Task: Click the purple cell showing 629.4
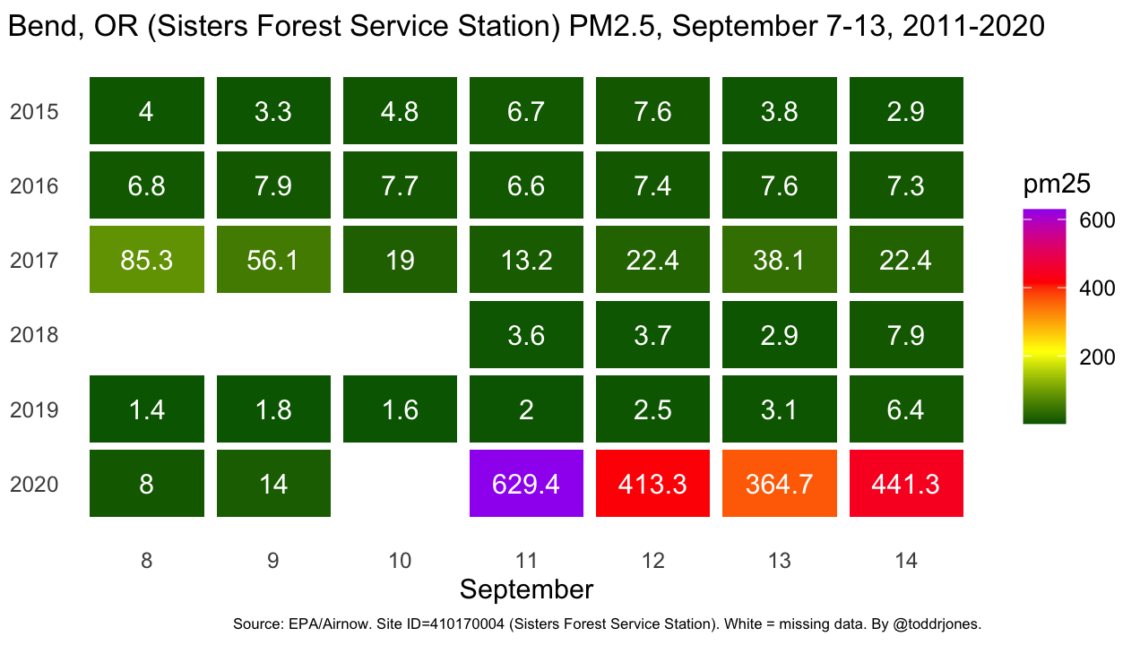point(526,484)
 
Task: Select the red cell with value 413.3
point(653,484)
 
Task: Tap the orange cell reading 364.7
point(780,484)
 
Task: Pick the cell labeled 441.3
point(906,484)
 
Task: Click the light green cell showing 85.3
point(147,261)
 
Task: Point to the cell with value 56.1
point(273,261)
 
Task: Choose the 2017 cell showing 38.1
point(780,261)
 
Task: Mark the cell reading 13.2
point(526,261)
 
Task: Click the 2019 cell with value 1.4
point(147,409)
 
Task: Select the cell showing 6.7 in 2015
point(526,112)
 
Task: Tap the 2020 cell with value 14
point(273,484)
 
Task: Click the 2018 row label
point(34,335)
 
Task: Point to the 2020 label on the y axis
point(34,485)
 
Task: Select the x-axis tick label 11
point(526,561)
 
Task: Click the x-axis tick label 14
point(906,561)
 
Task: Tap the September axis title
point(526,589)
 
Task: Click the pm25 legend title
point(1057,185)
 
